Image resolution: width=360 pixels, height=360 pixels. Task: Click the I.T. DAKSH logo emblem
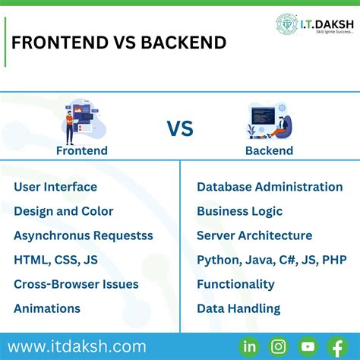pos(287,24)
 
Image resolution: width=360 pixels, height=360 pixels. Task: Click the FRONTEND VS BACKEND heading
pos(118,43)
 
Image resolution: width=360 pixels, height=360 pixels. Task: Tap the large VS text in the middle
pos(180,128)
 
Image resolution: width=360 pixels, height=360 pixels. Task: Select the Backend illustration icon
pos(270,122)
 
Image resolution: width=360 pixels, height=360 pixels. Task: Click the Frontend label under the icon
pos(82,150)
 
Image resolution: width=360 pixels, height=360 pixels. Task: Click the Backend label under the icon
pos(270,150)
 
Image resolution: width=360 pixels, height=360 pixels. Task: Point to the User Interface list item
pos(55,187)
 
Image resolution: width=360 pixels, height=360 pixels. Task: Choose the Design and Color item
pos(64,211)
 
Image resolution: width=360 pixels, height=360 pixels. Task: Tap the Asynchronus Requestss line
pos(84,235)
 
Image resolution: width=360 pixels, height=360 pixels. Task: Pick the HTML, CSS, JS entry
pos(55,260)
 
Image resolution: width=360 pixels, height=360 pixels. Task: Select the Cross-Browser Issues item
pos(76,284)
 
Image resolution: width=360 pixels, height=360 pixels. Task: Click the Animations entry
pos(47,308)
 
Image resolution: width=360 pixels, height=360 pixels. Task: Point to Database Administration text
pos(270,187)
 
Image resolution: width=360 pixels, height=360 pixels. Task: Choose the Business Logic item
pos(239,211)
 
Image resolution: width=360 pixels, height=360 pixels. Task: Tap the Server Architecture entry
pos(254,235)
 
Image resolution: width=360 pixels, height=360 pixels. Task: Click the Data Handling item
pos(238,308)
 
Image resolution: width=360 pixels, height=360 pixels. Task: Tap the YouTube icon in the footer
pos(308,347)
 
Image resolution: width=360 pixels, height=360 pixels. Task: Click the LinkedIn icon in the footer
pos(249,347)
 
